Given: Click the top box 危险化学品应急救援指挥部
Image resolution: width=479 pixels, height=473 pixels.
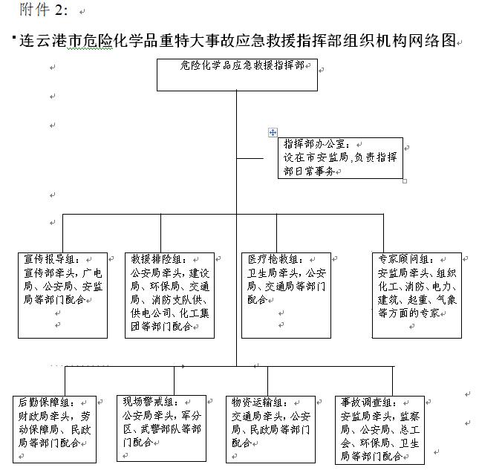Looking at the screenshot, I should (x=237, y=74).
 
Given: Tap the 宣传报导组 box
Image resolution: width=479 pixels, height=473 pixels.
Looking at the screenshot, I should (x=65, y=295).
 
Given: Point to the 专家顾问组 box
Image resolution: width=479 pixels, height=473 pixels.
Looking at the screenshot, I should (x=417, y=295).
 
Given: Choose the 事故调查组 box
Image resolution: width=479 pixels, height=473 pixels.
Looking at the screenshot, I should (x=379, y=430).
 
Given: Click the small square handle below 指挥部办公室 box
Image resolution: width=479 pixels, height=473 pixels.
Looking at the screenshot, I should (x=405, y=180).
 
